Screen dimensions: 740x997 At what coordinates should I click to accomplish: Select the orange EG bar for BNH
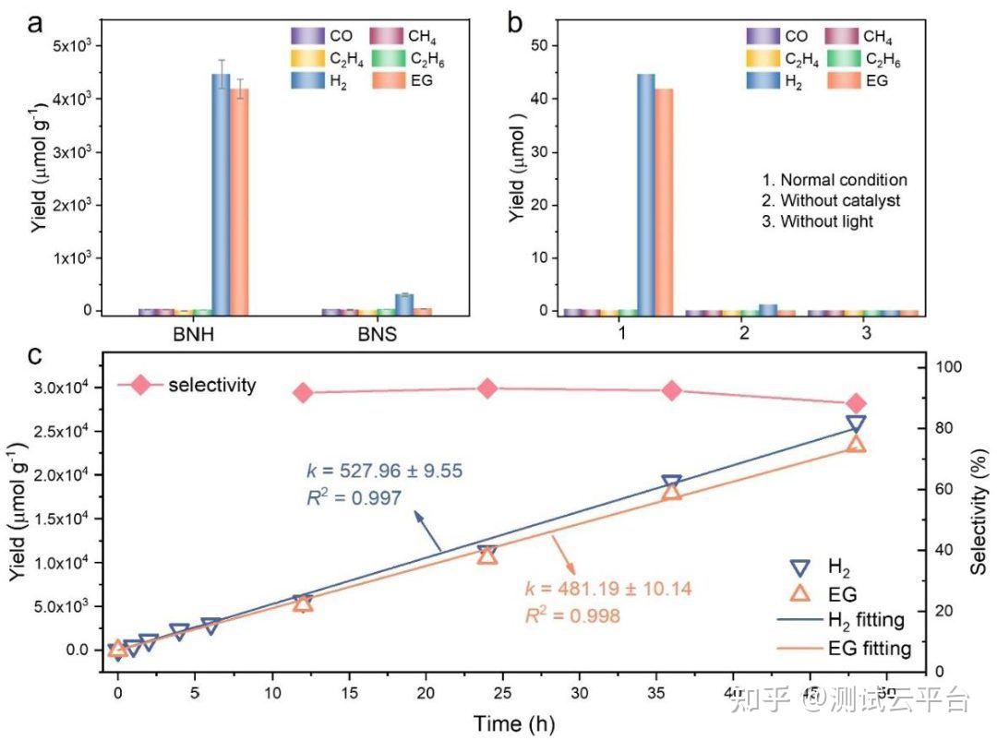pyautogui.click(x=240, y=202)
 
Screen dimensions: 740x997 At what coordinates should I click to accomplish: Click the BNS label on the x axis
pyautogui.click(x=378, y=335)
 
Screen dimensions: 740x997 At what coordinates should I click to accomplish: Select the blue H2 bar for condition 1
pyautogui.click(x=646, y=194)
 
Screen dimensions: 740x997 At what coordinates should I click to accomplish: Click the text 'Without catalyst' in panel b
pyautogui.click(x=839, y=200)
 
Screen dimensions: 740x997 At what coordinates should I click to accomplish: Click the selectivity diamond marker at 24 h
pyautogui.click(x=488, y=388)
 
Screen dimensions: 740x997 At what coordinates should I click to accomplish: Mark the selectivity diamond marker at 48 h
pyautogui.click(x=856, y=403)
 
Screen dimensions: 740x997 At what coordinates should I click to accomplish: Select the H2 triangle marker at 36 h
pyautogui.click(x=671, y=483)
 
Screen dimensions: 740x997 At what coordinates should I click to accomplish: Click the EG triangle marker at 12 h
pyautogui.click(x=303, y=603)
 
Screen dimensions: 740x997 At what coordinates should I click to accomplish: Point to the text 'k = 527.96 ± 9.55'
pyautogui.click(x=384, y=471)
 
